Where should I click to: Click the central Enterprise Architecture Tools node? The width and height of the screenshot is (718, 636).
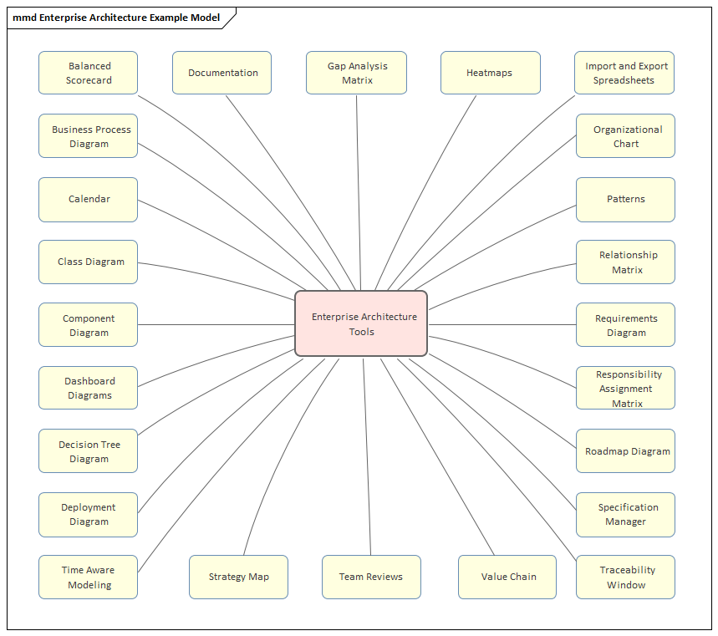[361, 323]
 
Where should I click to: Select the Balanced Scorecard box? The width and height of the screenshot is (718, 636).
[88, 73]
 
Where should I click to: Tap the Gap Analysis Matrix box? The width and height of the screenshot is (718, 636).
[356, 73]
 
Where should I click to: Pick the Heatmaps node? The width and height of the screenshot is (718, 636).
[490, 73]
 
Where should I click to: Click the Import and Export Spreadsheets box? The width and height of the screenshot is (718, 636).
[624, 73]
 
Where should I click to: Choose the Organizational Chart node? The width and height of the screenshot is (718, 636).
[625, 136]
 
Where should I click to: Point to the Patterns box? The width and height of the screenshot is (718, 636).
[625, 199]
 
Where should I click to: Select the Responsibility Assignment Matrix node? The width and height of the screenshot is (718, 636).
[625, 388]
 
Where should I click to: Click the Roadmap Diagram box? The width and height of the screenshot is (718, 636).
[625, 451]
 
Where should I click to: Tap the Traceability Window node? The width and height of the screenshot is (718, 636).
[625, 577]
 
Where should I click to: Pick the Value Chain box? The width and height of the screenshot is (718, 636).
[507, 577]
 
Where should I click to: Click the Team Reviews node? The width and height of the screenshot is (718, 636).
[371, 577]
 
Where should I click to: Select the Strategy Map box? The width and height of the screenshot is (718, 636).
[238, 577]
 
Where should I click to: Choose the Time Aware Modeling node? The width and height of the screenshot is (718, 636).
[88, 577]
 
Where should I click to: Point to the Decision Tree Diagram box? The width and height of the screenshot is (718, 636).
[88, 451]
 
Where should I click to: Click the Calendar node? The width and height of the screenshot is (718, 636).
[88, 199]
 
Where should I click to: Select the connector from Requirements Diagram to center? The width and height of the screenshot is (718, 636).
[502, 324]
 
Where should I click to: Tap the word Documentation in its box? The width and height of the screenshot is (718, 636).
[222, 73]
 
